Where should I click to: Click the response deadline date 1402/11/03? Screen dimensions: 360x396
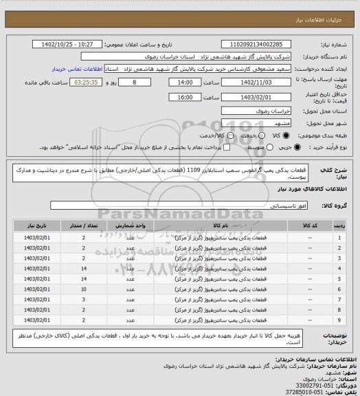258,81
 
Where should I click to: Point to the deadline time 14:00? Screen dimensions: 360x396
185,81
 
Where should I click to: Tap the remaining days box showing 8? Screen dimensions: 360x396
143,81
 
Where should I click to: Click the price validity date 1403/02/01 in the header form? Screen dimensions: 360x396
258,97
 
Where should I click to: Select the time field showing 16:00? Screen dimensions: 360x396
185,97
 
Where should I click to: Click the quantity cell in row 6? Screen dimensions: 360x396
83,289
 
